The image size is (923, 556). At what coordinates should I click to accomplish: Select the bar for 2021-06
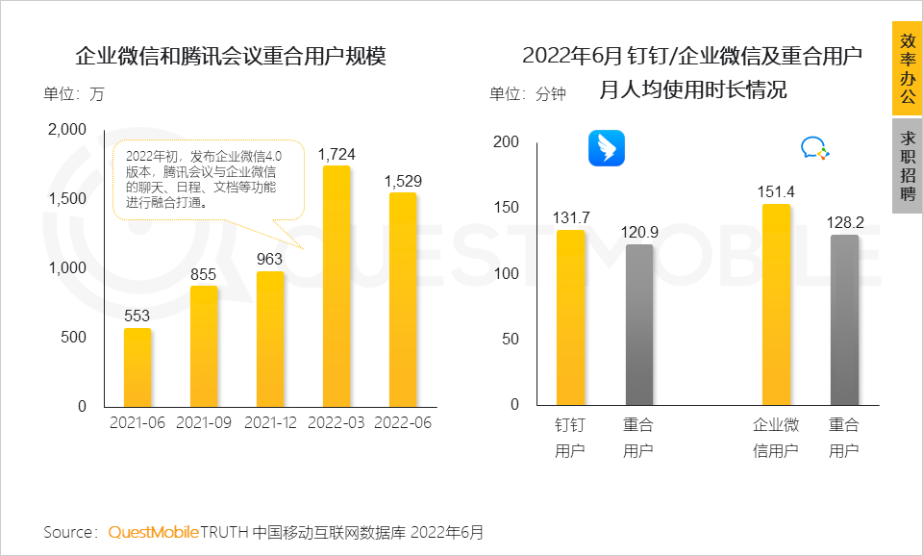(x=138, y=367)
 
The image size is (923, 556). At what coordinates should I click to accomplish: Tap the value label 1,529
(x=402, y=181)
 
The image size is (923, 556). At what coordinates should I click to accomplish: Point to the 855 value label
(x=204, y=274)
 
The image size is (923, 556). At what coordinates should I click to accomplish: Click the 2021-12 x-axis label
(x=270, y=423)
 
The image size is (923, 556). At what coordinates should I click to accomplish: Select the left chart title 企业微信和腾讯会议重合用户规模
(x=231, y=56)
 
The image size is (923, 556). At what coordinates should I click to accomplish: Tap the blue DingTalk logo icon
(x=607, y=149)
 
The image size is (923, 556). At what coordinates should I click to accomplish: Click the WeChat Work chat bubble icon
(x=814, y=149)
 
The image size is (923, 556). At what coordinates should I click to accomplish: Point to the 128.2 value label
(x=845, y=223)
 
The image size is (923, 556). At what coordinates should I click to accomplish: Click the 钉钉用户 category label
(x=570, y=438)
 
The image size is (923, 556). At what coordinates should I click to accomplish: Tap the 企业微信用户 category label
(x=776, y=438)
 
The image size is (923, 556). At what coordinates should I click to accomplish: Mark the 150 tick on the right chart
(x=506, y=208)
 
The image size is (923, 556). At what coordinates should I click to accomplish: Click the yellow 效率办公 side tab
(x=907, y=69)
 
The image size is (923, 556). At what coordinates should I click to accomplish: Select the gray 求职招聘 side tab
(x=907, y=165)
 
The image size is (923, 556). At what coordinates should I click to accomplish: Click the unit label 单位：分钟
(x=528, y=94)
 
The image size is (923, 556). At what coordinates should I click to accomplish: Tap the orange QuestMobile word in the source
(x=154, y=532)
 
